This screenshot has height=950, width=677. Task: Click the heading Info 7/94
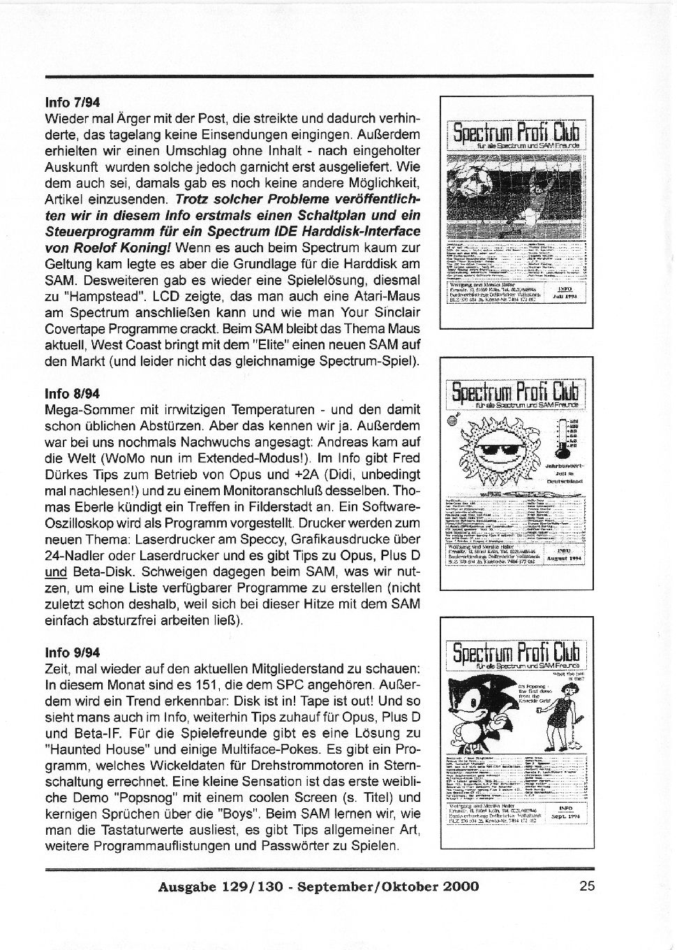tap(73, 102)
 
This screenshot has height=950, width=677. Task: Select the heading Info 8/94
tap(73, 394)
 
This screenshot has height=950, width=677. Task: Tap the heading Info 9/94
tap(73, 652)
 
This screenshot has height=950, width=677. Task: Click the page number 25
tap(586, 886)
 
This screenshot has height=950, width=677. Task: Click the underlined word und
tap(55, 573)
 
